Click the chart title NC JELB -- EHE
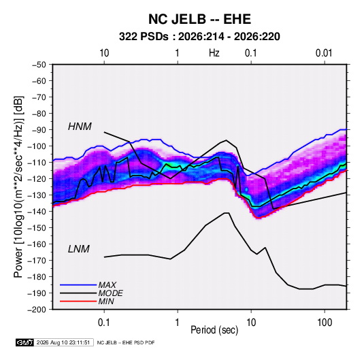[199, 19]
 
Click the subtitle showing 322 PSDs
[199, 37]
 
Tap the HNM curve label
[80, 127]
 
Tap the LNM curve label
[79, 249]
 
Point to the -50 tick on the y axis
[39, 65]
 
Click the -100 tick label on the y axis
[37, 146]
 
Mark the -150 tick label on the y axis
[37, 228]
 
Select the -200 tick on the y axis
[37, 310]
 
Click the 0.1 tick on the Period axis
[104, 323]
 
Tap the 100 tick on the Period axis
[325, 323]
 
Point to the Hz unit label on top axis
[214, 53]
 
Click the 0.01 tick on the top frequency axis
[324, 53]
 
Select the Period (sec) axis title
[214, 330]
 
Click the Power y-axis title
[18, 186]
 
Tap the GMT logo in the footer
[25, 342]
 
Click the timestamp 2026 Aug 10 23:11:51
[63, 342]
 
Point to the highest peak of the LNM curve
[227, 213]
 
